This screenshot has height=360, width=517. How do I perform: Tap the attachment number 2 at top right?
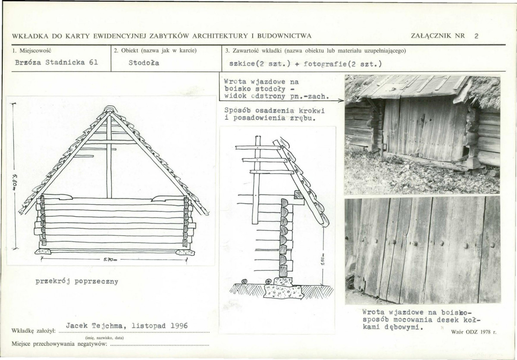pyautogui.click(x=476, y=36)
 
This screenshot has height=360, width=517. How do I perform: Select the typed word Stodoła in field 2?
pyautogui.click(x=144, y=63)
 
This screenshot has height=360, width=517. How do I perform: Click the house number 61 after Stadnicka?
pyautogui.click(x=94, y=63)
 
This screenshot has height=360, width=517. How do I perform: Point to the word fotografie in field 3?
pyautogui.click(x=323, y=64)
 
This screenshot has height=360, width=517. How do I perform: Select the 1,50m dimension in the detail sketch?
pyautogui.click(x=323, y=259)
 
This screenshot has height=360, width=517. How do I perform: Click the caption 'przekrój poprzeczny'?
pyautogui.click(x=77, y=282)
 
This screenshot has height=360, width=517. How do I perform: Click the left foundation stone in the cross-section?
pyautogui.click(x=43, y=252)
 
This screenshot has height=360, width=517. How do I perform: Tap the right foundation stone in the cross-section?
pyautogui.click(x=185, y=252)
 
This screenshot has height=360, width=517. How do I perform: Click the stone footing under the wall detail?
pyautogui.click(x=284, y=291)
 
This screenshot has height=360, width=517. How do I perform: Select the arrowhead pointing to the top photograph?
pyautogui.click(x=342, y=101)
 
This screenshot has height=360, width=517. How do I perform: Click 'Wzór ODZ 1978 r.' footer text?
pyautogui.click(x=473, y=332)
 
